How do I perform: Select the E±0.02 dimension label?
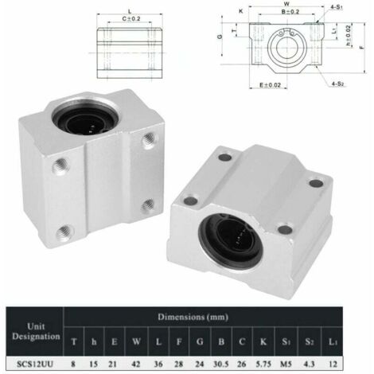[x=274, y=80]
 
